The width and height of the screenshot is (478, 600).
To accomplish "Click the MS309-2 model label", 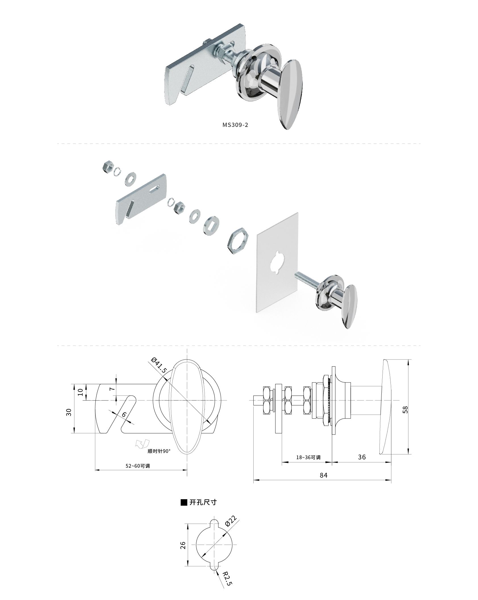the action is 235,125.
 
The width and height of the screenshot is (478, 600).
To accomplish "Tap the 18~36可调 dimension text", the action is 308,457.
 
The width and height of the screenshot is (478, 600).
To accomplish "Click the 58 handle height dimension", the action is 405,409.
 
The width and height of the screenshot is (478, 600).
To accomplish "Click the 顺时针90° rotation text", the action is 159,451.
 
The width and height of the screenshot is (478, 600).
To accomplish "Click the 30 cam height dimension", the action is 68,412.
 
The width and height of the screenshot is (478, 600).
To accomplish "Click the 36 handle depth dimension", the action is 362,457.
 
